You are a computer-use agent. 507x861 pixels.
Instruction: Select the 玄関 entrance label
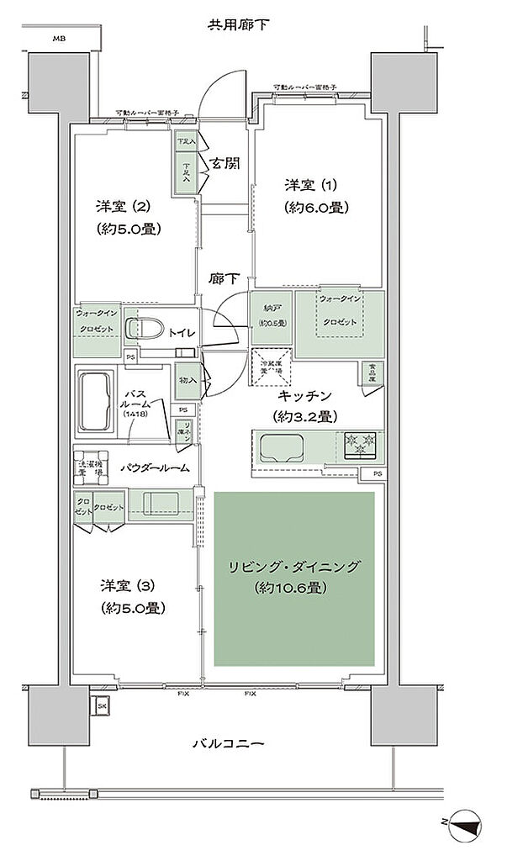[x=225, y=163]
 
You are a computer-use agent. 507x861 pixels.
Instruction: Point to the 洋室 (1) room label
[x=316, y=195]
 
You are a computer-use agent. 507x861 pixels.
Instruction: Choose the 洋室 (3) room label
[x=131, y=595]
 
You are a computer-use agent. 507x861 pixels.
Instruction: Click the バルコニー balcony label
[x=229, y=744]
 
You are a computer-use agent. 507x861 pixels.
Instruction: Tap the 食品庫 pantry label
[x=372, y=371]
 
